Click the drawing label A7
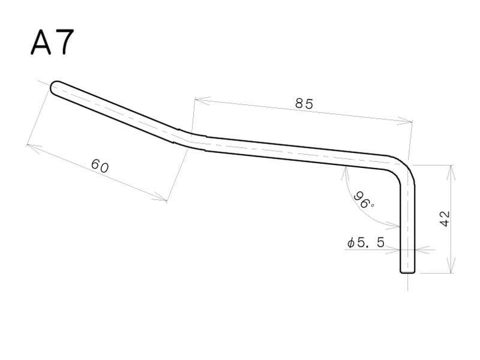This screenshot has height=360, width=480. [x=52, y=42]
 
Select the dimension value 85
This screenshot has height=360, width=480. [x=304, y=104]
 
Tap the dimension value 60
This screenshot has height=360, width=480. [x=100, y=166]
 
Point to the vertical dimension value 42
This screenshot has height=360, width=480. [x=445, y=218]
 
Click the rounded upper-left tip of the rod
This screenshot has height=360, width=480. [x=56, y=88]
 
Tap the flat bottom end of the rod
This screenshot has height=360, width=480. [x=407, y=271]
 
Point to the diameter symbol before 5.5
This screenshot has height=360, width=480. [x=350, y=243]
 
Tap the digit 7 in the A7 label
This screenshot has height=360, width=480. [x=64, y=42]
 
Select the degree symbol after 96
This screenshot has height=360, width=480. [x=372, y=205]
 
